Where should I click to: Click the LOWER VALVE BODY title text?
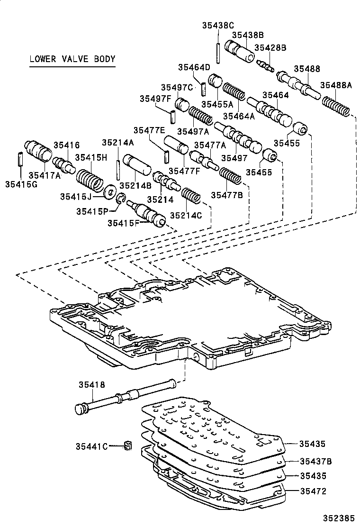pos(72,59)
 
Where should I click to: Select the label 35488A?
pos(336,85)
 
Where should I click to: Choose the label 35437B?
pos(315,460)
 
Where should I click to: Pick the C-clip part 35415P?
pos(121,200)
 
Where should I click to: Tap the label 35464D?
pos(194,67)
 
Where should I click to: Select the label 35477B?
pos(227,195)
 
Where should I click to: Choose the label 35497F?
pos(155,98)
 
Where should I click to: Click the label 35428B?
pos(270,47)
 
